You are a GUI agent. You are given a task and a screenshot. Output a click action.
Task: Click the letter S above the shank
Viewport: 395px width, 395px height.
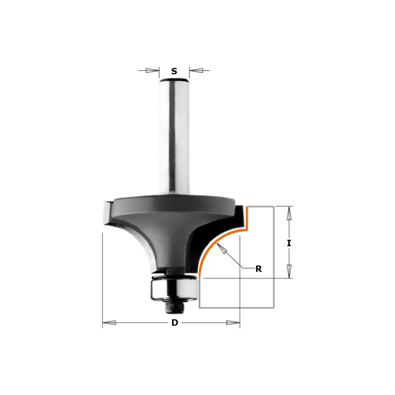[174, 71]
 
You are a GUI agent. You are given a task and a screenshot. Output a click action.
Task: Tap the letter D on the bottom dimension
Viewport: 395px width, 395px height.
[175, 323]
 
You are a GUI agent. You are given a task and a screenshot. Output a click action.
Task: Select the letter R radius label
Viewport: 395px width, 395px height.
[259, 269]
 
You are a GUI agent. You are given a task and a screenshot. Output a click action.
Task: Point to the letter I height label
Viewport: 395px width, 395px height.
[289, 243]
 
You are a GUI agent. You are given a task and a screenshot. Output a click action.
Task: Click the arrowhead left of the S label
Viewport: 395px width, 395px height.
[152, 71]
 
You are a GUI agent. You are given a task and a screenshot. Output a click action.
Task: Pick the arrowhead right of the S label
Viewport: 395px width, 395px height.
[196, 71]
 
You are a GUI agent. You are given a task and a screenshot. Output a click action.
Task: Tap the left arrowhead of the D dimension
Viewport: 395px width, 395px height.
[109, 323]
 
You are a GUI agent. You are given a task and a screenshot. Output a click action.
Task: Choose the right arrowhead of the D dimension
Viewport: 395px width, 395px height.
[233, 323]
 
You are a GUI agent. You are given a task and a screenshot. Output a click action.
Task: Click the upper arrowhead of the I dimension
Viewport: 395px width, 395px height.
[289, 213]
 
